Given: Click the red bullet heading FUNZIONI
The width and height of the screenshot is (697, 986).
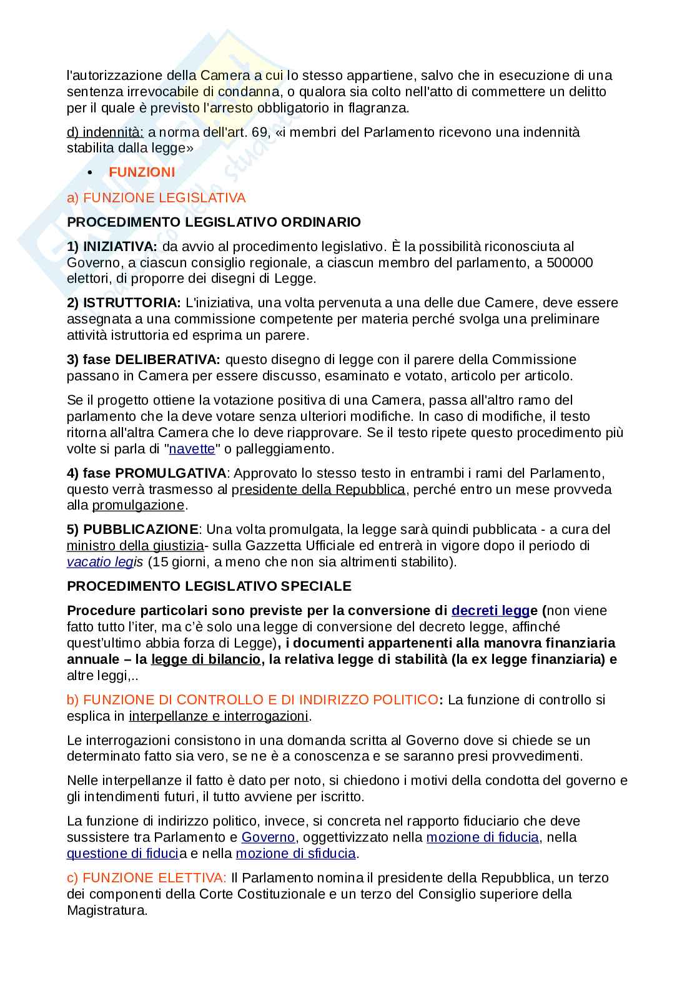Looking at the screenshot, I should coord(142,172).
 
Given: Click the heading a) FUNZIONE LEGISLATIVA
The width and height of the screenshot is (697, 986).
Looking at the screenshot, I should coord(156,198).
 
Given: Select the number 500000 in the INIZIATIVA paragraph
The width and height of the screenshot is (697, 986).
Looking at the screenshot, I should coord(570,263).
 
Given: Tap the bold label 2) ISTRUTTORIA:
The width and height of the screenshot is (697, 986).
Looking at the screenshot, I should coord(124,303).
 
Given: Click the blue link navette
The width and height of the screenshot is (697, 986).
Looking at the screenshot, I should coord(192,449).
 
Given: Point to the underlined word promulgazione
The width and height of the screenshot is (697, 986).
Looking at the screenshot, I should coord(138,505).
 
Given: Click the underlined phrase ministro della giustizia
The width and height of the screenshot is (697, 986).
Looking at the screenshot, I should coord(135,546).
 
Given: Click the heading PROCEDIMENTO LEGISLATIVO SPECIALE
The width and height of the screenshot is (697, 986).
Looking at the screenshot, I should coord(209,586).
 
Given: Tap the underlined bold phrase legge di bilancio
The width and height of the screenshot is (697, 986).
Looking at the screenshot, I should coord(205,659).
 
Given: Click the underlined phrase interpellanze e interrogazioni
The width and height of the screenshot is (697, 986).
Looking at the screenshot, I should coord(219,716).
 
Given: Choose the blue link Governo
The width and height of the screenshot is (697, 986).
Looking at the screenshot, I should coord(268,837).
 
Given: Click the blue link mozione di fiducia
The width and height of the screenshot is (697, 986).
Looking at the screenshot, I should coord(482,837).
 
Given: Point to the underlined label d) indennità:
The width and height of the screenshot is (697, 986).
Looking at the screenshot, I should coord(105,132).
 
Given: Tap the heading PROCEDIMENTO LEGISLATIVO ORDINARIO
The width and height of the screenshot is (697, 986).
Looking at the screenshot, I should coord(214,222).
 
